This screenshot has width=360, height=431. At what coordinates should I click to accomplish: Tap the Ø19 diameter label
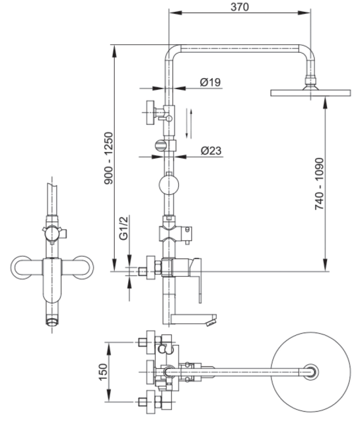[209, 82]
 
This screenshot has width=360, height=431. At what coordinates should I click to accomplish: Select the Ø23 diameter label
[209, 151]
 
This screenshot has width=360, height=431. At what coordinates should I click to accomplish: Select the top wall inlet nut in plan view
[144, 342]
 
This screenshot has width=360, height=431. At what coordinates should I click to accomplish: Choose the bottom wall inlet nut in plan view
[144, 401]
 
